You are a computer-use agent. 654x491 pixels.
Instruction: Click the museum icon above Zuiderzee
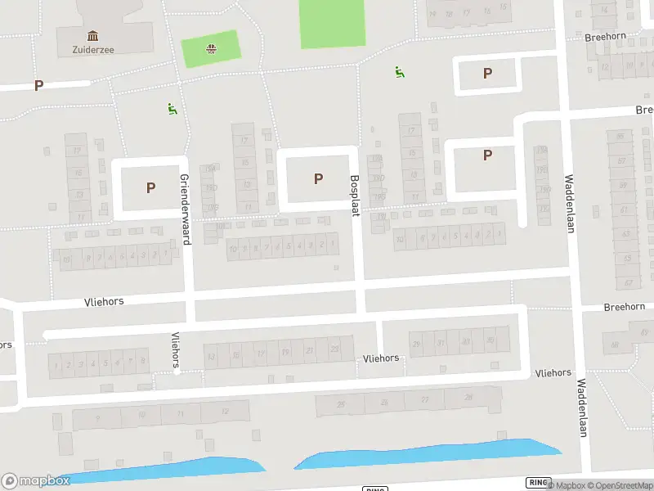click(92, 35)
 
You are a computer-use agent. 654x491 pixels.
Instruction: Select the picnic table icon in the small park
click(211, 48)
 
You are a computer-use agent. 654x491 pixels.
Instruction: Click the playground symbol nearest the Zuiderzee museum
click(172, 108)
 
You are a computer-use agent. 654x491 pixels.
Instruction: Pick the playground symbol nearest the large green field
click(399, 72)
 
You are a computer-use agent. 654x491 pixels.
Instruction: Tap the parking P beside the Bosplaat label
click(318, 178)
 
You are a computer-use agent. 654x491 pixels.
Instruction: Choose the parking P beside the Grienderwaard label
click(150, 187)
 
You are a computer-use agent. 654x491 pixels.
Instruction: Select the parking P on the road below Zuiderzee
click(38, 85)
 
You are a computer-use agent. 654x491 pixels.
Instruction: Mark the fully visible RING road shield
click(538, 482)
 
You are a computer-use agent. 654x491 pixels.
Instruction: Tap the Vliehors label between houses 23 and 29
click(381, 358)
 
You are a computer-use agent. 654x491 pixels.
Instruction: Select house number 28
click(468, 397)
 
